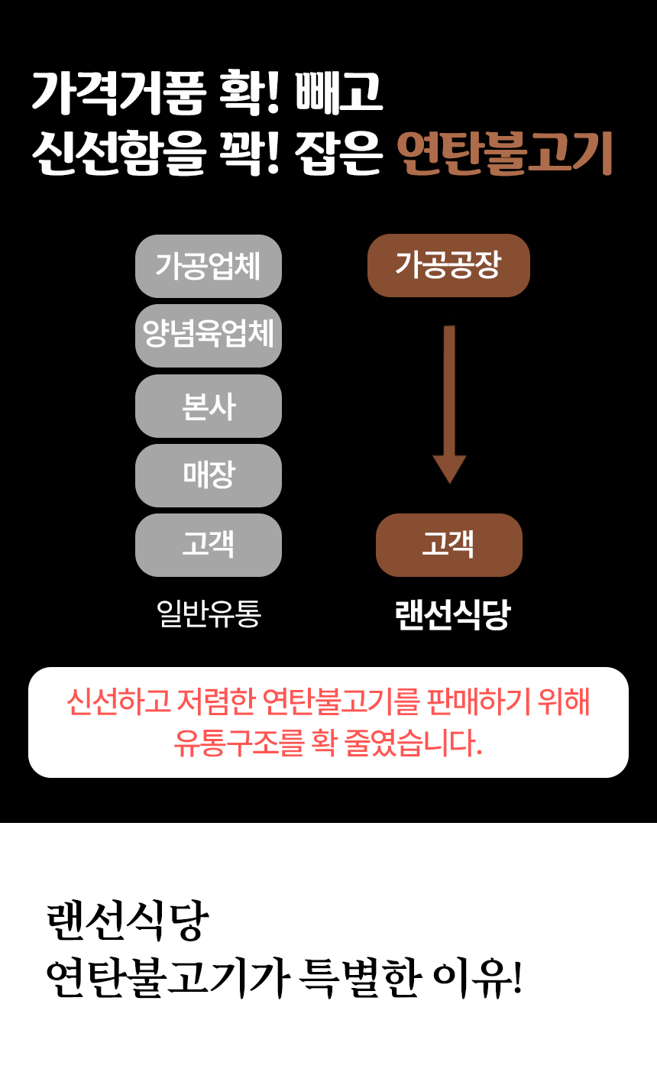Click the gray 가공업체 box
click(x=209, y=266)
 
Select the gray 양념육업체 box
click(x=209, y=335)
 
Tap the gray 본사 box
click(x=209, y=406)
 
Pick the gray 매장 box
click(x=209, y=475)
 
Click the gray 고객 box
click(x=209, y=545)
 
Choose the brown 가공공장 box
click(x=448, y=265)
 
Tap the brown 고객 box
click(x=448, y=545)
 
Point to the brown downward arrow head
click(x=449, y=468)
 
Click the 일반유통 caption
click(x=209, y=614)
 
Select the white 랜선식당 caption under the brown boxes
click(x=453, y=614)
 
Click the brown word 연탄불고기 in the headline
click(x=505, y=153)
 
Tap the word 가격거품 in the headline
click(x=119, y=92)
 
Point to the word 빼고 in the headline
click(x=339, y=92)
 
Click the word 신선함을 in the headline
click(x=119, y=153)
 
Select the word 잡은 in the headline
click(x=339, y=153)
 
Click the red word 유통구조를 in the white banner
click(x=238, y=743)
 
